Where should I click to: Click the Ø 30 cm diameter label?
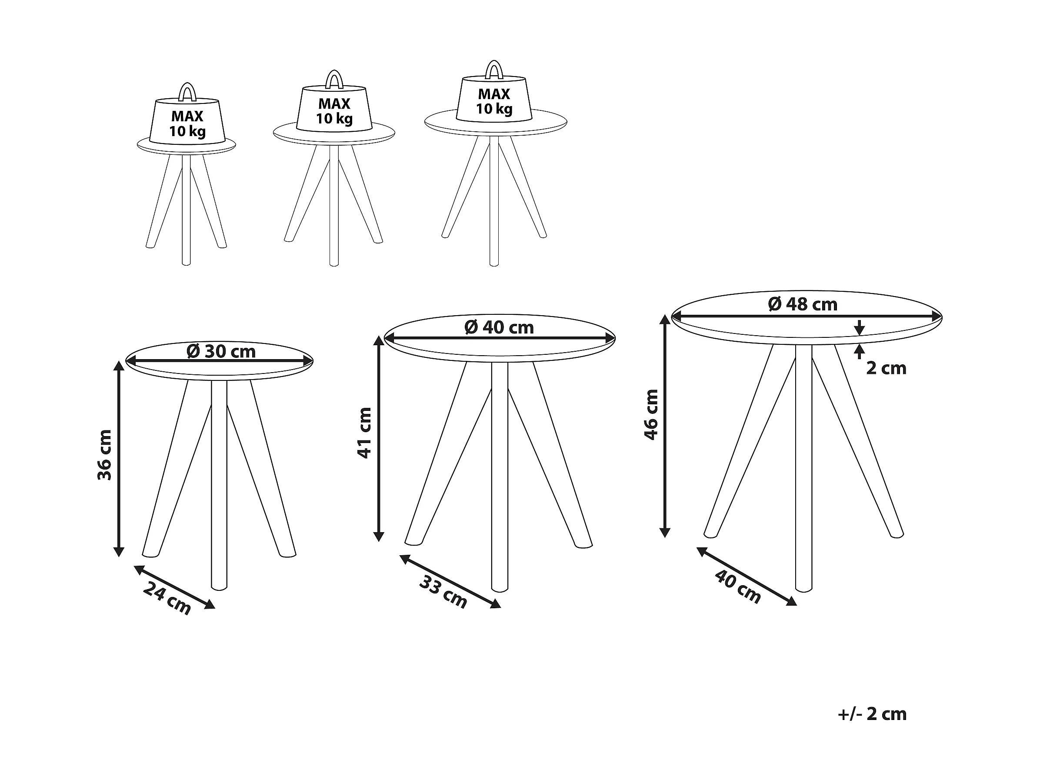221,351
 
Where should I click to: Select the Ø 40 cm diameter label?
499,327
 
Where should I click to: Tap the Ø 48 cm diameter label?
803,304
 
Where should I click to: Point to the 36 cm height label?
104,455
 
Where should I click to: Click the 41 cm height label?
365,433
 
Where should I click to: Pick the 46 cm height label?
652,414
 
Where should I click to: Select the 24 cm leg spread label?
167,598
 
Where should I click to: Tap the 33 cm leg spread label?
443,591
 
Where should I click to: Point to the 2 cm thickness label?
886,368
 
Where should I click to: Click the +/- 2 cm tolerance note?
872,714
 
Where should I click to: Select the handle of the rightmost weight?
493,69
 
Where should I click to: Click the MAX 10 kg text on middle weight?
334,111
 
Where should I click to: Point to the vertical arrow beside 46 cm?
665,426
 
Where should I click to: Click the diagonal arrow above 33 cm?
450,582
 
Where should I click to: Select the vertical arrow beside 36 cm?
119,459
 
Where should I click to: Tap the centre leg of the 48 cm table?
803,468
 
